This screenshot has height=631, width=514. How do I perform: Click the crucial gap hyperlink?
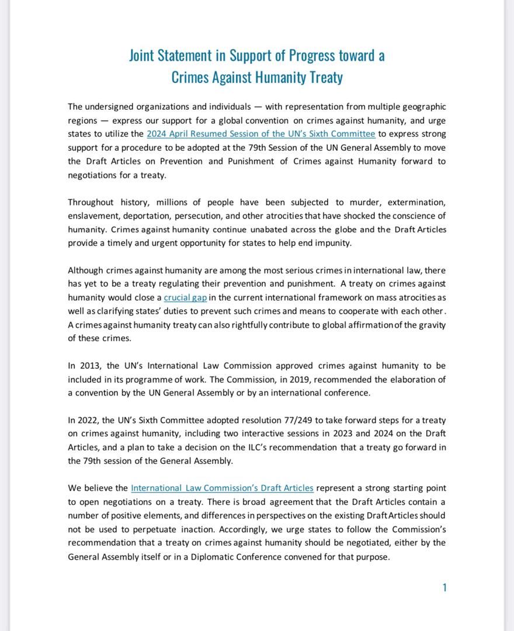[x=185, y=298]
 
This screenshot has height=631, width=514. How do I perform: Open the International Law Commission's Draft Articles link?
[x=222, y=488]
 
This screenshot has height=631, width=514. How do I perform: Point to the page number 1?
[x=444, y=588]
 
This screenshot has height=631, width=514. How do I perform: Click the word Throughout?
[x=91, y=202]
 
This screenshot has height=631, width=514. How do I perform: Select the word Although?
[x=85, y=271]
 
